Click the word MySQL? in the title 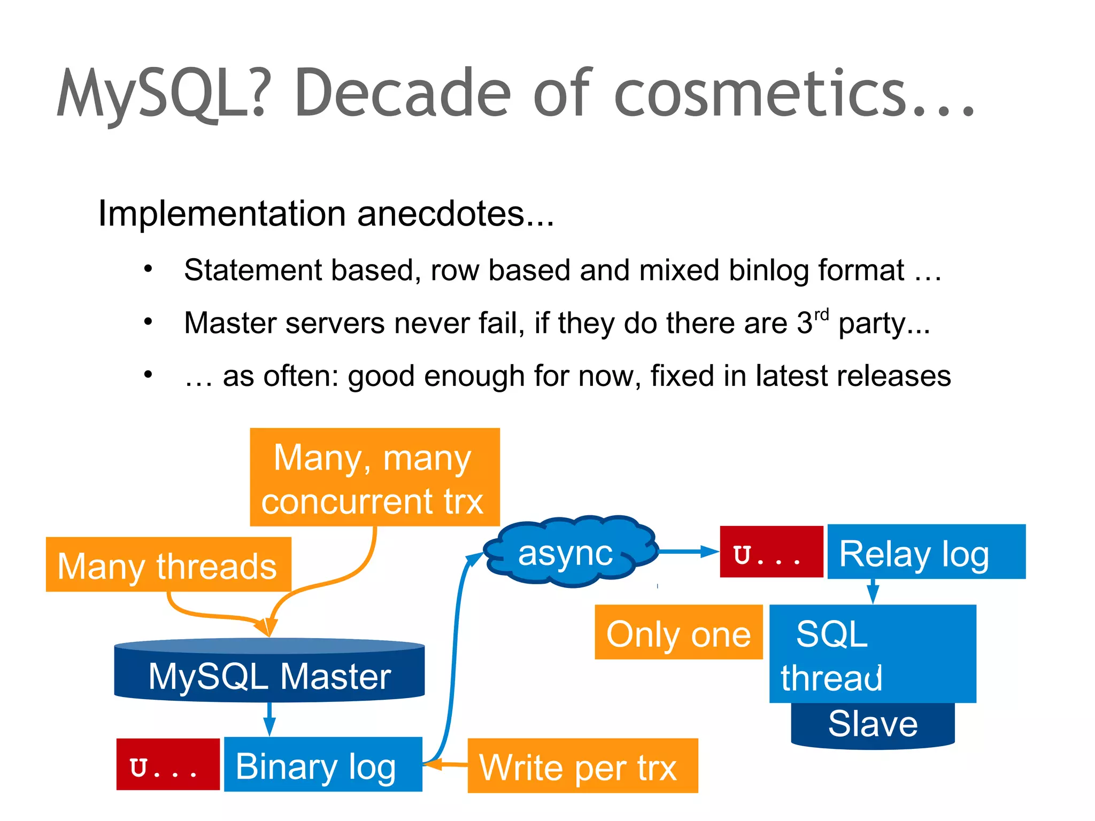tap(160, 94)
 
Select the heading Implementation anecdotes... tap(326, 214)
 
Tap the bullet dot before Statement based tap(148, 269)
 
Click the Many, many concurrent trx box tap(374, 477)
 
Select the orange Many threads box tap(168, 565)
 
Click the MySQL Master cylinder tap(269, 675)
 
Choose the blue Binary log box tap(323, 764)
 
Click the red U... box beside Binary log tap(168, 764)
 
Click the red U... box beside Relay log tap(771, 552)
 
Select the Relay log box tap(926, 552)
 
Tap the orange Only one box tap(678, 632)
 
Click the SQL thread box tap(873, 653)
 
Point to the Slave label tap(873, 724)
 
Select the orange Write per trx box tap(583, 765)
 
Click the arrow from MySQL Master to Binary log tap(269, 719)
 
